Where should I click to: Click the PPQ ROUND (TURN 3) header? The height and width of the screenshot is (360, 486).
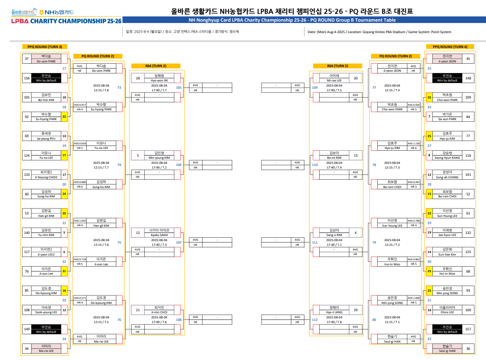[x=45, y=47]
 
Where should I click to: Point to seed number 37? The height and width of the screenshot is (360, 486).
[x=27, y=59]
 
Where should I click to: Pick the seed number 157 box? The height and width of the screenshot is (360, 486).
[x=468, y=329]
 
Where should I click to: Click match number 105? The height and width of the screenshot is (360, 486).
[x=179, y=87]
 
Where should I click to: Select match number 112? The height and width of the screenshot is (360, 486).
[x=315, y=320]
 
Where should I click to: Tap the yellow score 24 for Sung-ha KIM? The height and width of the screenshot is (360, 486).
[x=64, y=194]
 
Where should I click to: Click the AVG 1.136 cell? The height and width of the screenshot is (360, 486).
[x=413, y=143]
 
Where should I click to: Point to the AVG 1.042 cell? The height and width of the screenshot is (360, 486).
[x=79, y=221]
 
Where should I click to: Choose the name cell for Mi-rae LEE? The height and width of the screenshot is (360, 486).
[x=334, y=78]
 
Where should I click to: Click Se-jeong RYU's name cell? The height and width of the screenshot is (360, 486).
[x=46, y=136]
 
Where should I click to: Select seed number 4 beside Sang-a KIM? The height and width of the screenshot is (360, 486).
[x=355, y=233]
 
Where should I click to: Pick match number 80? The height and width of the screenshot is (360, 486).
[x=374, y=320]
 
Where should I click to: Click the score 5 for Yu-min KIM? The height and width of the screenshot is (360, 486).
[x=64, y=232]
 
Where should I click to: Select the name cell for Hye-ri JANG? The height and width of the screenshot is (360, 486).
[x=334, y=310]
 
